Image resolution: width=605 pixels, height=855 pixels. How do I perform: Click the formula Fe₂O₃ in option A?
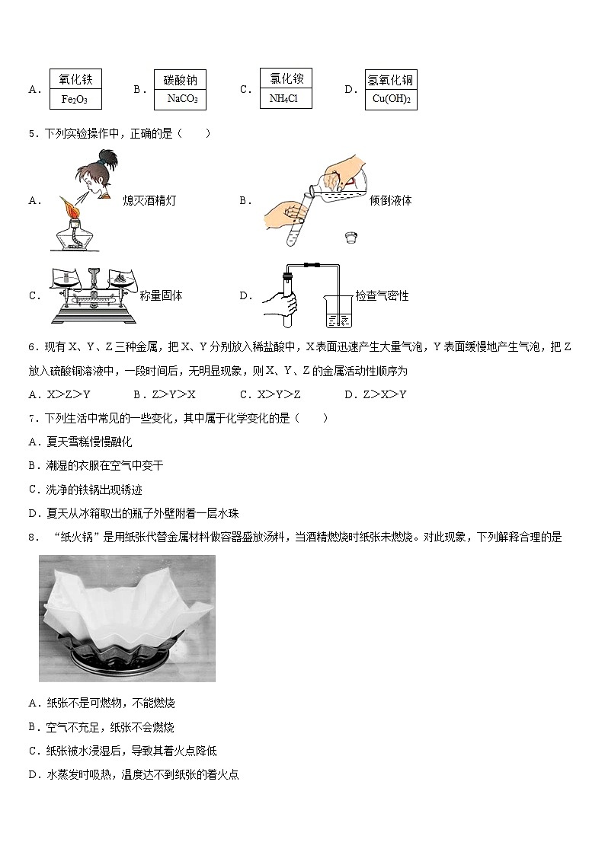tap(75, 99)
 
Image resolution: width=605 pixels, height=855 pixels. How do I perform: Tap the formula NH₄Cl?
tap(285, 98)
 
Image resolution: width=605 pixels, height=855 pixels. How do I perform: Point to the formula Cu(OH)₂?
tap(391, 99)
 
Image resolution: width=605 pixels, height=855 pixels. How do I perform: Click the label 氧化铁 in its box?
tap(75, 79)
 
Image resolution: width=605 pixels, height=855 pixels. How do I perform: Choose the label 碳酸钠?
tap(181, 80)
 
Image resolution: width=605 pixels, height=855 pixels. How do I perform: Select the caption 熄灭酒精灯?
tap(155, 201)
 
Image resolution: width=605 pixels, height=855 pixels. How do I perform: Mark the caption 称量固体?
tap(161, 295)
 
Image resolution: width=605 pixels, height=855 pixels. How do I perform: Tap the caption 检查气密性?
tap(382, 295)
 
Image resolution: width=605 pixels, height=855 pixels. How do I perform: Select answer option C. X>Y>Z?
tap(270, 394)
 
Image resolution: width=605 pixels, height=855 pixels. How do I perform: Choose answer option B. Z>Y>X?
tap(165, 394)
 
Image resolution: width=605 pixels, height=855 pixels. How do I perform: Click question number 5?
tap(32, 134)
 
